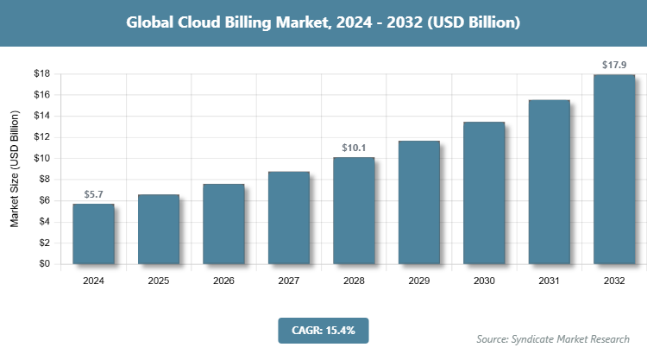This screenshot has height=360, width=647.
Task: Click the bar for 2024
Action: point(93,234)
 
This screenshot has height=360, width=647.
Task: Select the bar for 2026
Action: point(223,224)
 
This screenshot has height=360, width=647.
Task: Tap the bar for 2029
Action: point(418,202)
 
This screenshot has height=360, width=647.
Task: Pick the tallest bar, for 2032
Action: point(614,169)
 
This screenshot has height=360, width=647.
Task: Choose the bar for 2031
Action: point(549,182)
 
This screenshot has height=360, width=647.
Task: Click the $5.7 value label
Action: point(93,195)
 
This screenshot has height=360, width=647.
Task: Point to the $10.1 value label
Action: point(354,148)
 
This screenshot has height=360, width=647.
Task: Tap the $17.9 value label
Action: point(614,66)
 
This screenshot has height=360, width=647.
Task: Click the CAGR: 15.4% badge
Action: point(323,329)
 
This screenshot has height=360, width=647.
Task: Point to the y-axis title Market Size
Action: point(15,169)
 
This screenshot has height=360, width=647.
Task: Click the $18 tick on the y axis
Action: point(41,74)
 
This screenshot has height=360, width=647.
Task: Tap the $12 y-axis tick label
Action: point(41,137)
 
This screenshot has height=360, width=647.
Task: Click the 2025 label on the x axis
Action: point(159,281)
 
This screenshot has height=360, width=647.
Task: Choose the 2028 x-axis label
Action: point(354,281)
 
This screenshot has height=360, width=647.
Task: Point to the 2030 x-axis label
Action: point(484,281)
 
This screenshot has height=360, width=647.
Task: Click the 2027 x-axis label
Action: point(289,281)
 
